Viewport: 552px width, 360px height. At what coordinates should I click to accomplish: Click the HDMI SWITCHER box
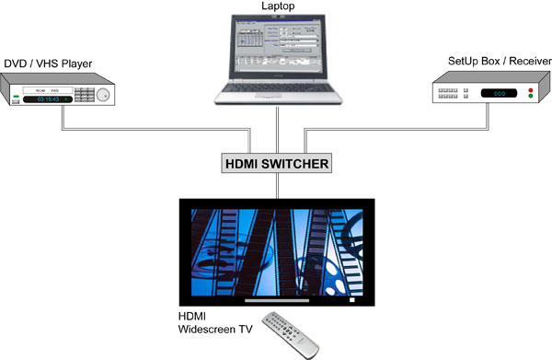click(x=276, y=163)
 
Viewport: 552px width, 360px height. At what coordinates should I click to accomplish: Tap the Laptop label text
click(x=278, y=6)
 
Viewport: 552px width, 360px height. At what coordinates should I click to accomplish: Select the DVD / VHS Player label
click(x=48, y=64)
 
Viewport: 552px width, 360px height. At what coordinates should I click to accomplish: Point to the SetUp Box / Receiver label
click(x=500, y=61)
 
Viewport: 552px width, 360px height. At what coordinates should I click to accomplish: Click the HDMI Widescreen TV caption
click(x=215, y=322)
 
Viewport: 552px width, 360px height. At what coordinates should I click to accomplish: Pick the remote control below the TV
click(x=291, y=334)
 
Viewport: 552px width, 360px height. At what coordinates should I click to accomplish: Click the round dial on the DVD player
click(x=103, y=95)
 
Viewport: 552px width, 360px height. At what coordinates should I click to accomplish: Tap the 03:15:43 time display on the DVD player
click(x=48, y=99)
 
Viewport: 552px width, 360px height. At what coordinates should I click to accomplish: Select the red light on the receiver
click(x=531, y=90)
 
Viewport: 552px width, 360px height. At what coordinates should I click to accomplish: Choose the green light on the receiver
click(x=531, y=96)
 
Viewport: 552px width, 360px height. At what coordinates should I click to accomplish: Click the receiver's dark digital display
click(x=499, y=93)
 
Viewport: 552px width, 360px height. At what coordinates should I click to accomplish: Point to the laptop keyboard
click(x=278, y=87)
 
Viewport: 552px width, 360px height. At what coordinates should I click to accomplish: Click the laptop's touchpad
click(x=269, y=96)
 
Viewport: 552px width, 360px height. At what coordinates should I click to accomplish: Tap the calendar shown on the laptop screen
click(x=249, y=38)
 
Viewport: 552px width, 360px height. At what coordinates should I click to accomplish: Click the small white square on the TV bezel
click(x=351, y=300)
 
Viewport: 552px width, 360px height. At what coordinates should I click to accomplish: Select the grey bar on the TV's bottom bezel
click(x=277, y=300)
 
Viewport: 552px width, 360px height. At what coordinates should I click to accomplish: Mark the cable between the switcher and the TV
click(x=278, y=186)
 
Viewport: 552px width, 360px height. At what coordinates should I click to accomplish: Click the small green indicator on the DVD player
click(x=16, y=96)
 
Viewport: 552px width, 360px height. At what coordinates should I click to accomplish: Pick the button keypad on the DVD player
click(x=85, y=95)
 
